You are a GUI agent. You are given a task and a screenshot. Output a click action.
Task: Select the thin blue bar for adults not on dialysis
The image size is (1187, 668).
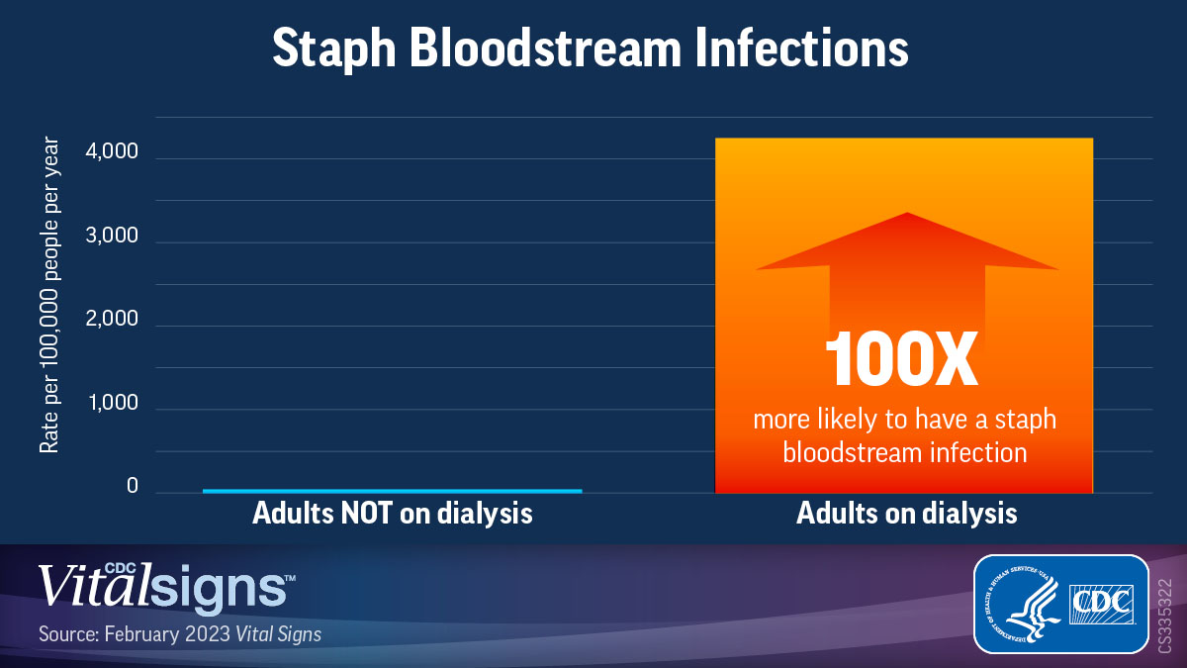click(x=392, y=491)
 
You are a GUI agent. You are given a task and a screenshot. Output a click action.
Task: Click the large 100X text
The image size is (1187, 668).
click(x=902, y=359)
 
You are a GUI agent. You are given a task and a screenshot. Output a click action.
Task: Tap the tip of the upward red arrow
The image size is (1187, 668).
click(x=906, y=215)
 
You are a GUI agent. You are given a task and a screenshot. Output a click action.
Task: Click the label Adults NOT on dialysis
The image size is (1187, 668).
click(x=393, y=515)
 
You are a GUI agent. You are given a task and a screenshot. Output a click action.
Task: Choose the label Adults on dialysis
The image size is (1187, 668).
click(x=906, y=515)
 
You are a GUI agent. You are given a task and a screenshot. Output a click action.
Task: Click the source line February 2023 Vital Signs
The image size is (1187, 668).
click(x=180, y=633)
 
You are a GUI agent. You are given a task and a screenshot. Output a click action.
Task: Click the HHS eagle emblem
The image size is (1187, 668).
click(x=1019, y=604)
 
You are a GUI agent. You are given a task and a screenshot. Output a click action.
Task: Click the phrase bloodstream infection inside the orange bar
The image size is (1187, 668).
click(x=904, y=452)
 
